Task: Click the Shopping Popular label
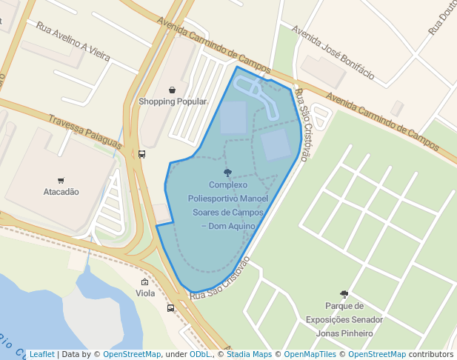[x=173, y=101]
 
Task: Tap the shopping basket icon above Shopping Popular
[x=173, y=90]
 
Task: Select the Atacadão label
[x=61, y=192]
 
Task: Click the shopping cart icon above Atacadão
[x=61, y=180]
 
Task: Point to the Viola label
[x=145, y=293]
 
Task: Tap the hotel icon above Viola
[x=144, y=282]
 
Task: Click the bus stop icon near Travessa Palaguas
[x=141, y=154]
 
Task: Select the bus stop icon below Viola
[x=171, y=308]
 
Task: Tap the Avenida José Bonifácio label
[x=333, y=54]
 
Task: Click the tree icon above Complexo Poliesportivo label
[x=227, y=173]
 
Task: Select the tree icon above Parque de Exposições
[x=344, y=294]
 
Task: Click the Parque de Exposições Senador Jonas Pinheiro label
[x=344, y=319]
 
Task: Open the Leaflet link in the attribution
[x=41, y=354]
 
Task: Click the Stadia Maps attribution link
[x=249, y=354]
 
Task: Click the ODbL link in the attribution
[x=200, y=354]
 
